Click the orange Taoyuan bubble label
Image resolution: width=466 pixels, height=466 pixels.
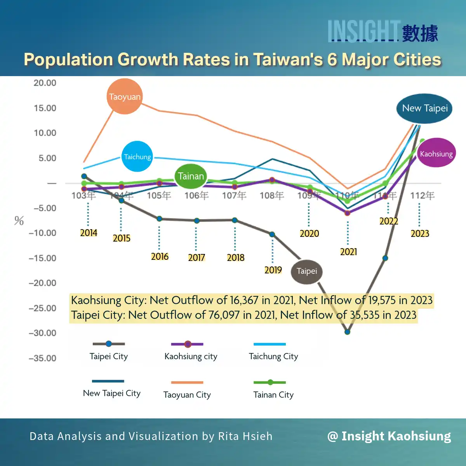point(125,96)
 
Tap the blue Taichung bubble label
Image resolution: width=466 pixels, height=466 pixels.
point(137,156)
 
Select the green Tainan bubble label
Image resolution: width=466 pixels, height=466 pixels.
point(190,176)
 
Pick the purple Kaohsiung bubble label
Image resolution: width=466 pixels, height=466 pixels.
point(436,153)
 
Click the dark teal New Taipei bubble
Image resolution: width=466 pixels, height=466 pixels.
point(424,108)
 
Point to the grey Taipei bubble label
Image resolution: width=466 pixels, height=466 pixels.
point(307,271)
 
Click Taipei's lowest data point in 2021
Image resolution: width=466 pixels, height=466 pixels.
point(347,332)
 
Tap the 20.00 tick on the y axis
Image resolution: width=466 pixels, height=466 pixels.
point(45,83)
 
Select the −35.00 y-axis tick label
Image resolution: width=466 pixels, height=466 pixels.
point(42,358)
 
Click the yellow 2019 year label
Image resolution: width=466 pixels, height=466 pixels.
point(273,270)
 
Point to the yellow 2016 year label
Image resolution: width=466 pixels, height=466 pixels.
point(160,257)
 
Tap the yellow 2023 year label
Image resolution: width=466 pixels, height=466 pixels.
point(420,234)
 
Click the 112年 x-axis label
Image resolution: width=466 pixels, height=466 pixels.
point(422,195)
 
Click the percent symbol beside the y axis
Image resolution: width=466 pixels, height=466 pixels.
point(19,221)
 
